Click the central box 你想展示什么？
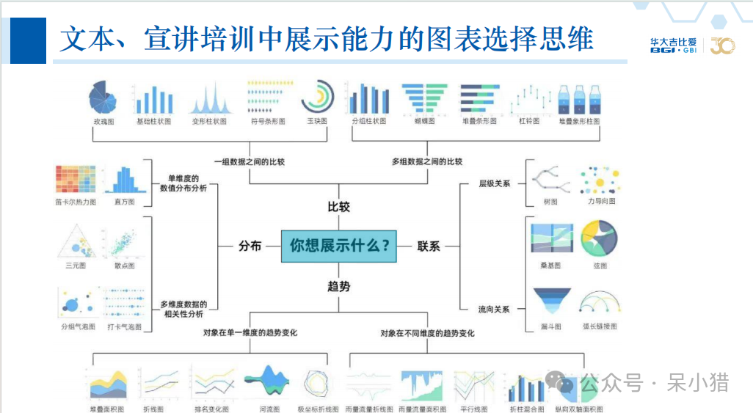point(338,246)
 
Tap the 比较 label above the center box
point(338,207)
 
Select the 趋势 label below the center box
point(338,286)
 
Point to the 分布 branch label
point(250,246)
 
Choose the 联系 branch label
point(429,246)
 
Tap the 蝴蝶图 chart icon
point(424,98)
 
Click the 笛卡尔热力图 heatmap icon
point(76,179)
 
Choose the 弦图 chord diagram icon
point(599,238)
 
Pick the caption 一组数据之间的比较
point(250,161)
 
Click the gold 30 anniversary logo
point(721,46)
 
